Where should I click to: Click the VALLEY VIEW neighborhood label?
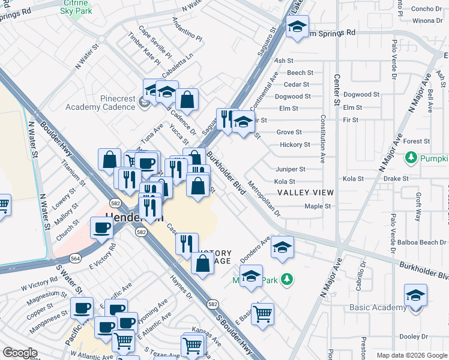pos(305,193)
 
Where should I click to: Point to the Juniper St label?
pos(291,169)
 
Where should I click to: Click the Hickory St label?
pos(295,145)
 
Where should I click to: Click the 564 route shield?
pos(75,257)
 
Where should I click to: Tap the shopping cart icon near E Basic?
pos(262,313)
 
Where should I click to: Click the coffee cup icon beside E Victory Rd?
pos(101,227)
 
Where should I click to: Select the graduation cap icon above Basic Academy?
pos(415,295)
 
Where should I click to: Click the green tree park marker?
pos(287,279)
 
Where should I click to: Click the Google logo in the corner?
pos(20,353)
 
